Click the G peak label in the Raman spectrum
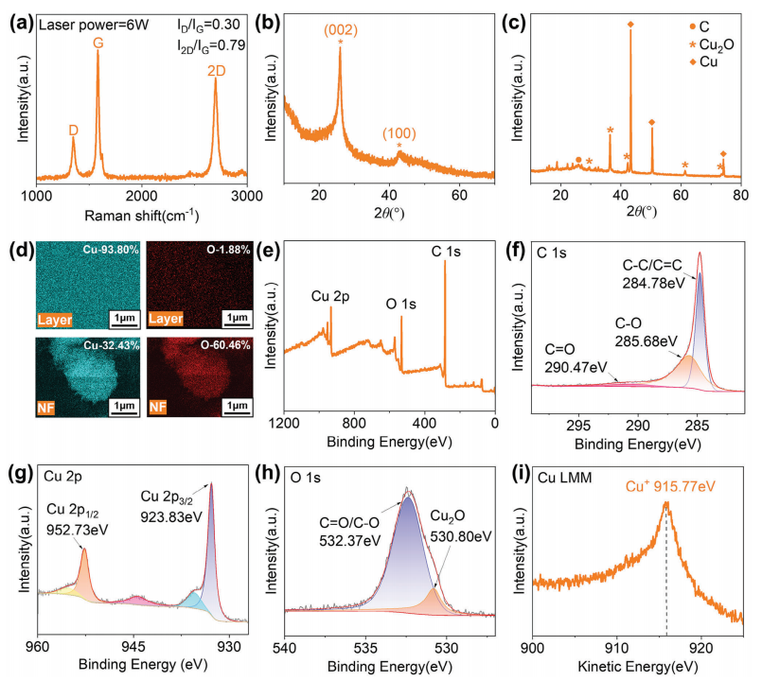[98, 44]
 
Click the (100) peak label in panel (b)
[399, 133]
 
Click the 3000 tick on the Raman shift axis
[246, 195]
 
